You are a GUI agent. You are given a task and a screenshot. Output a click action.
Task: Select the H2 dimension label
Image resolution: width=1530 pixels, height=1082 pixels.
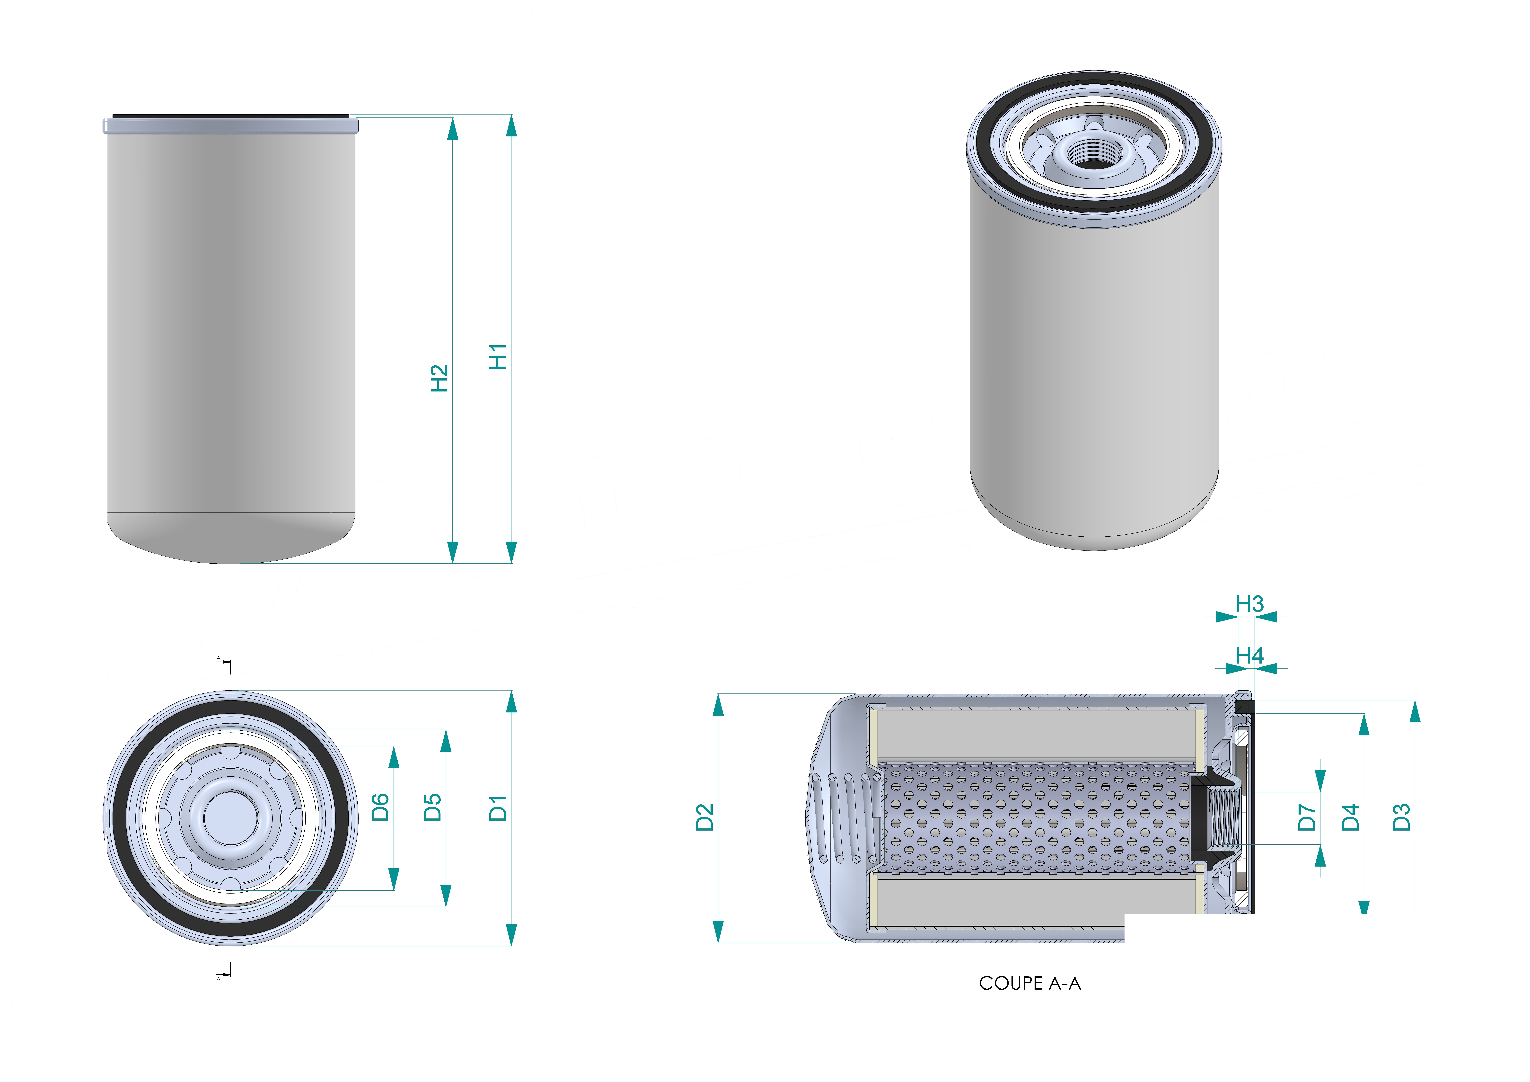pos(439,378)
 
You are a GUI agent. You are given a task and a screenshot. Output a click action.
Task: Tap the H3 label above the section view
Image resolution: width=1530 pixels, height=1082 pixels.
pos(1249,604)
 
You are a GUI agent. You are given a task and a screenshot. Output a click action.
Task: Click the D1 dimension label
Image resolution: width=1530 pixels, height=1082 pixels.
pos(498,808)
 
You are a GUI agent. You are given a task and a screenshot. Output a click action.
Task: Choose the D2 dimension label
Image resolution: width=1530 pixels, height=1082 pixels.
pos(704,817)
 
